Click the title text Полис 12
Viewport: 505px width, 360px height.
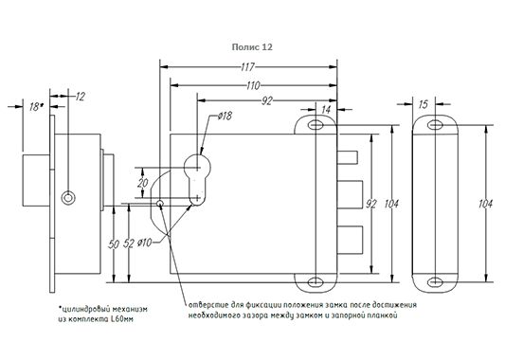pyautogui.click(x=252, y=47)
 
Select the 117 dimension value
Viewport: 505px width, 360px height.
pyautogui.click(x=247, y=67)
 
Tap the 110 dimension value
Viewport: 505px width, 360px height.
pyautogui.click(x=253, y=85)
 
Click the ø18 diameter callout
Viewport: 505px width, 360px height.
pyautogui.click(x=225, y=116)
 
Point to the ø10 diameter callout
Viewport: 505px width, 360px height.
pyautogui.click(x=144, y=243)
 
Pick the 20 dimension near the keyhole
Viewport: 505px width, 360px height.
pyautogui.click(x=143, y=183)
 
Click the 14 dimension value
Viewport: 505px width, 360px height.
pyautogui.click(x=326, y=110)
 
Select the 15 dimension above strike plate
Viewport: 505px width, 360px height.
pyautogui.click(x=424, y=104)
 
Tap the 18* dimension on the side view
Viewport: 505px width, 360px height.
pyautogui.click(x=35, y=107)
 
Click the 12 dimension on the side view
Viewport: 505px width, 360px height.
pyautogui.click(x=81, y=97)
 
